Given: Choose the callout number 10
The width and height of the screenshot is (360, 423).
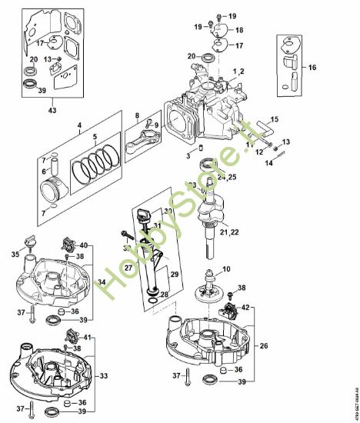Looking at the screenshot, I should point(226,269).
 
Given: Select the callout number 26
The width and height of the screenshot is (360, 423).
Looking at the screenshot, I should point(264,345).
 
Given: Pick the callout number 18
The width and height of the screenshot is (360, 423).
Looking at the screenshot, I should point(238,30).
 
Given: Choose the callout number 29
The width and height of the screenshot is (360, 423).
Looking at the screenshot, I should point(175,275).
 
